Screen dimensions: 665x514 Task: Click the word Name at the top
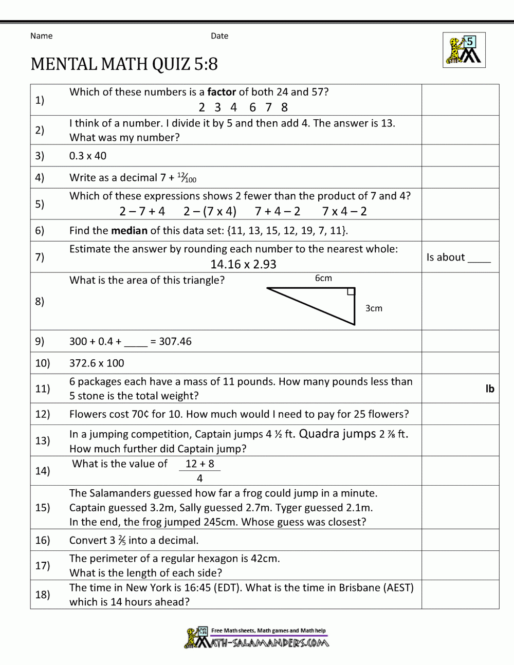coord(41,36)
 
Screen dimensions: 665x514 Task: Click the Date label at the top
coord(219,36)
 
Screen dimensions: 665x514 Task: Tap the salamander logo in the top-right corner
coord(464,50)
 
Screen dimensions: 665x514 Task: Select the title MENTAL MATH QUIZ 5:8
coord(124,64)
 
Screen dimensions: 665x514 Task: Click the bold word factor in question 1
coord(222,92)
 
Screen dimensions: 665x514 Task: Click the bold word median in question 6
coord(129,230)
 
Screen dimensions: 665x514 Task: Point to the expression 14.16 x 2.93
coord(243,264)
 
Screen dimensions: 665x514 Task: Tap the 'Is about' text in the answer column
coord(445,257)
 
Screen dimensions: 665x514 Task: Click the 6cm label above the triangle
coord(323,278)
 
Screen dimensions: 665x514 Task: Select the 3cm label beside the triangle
coord(374,308)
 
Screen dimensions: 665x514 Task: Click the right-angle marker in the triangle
coord(351,292)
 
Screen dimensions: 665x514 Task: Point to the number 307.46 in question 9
coord(175,341)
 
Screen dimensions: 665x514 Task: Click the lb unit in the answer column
coord(489,389)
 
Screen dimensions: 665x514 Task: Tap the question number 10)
coord(43,363)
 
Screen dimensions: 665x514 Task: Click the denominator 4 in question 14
coord(199,478)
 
